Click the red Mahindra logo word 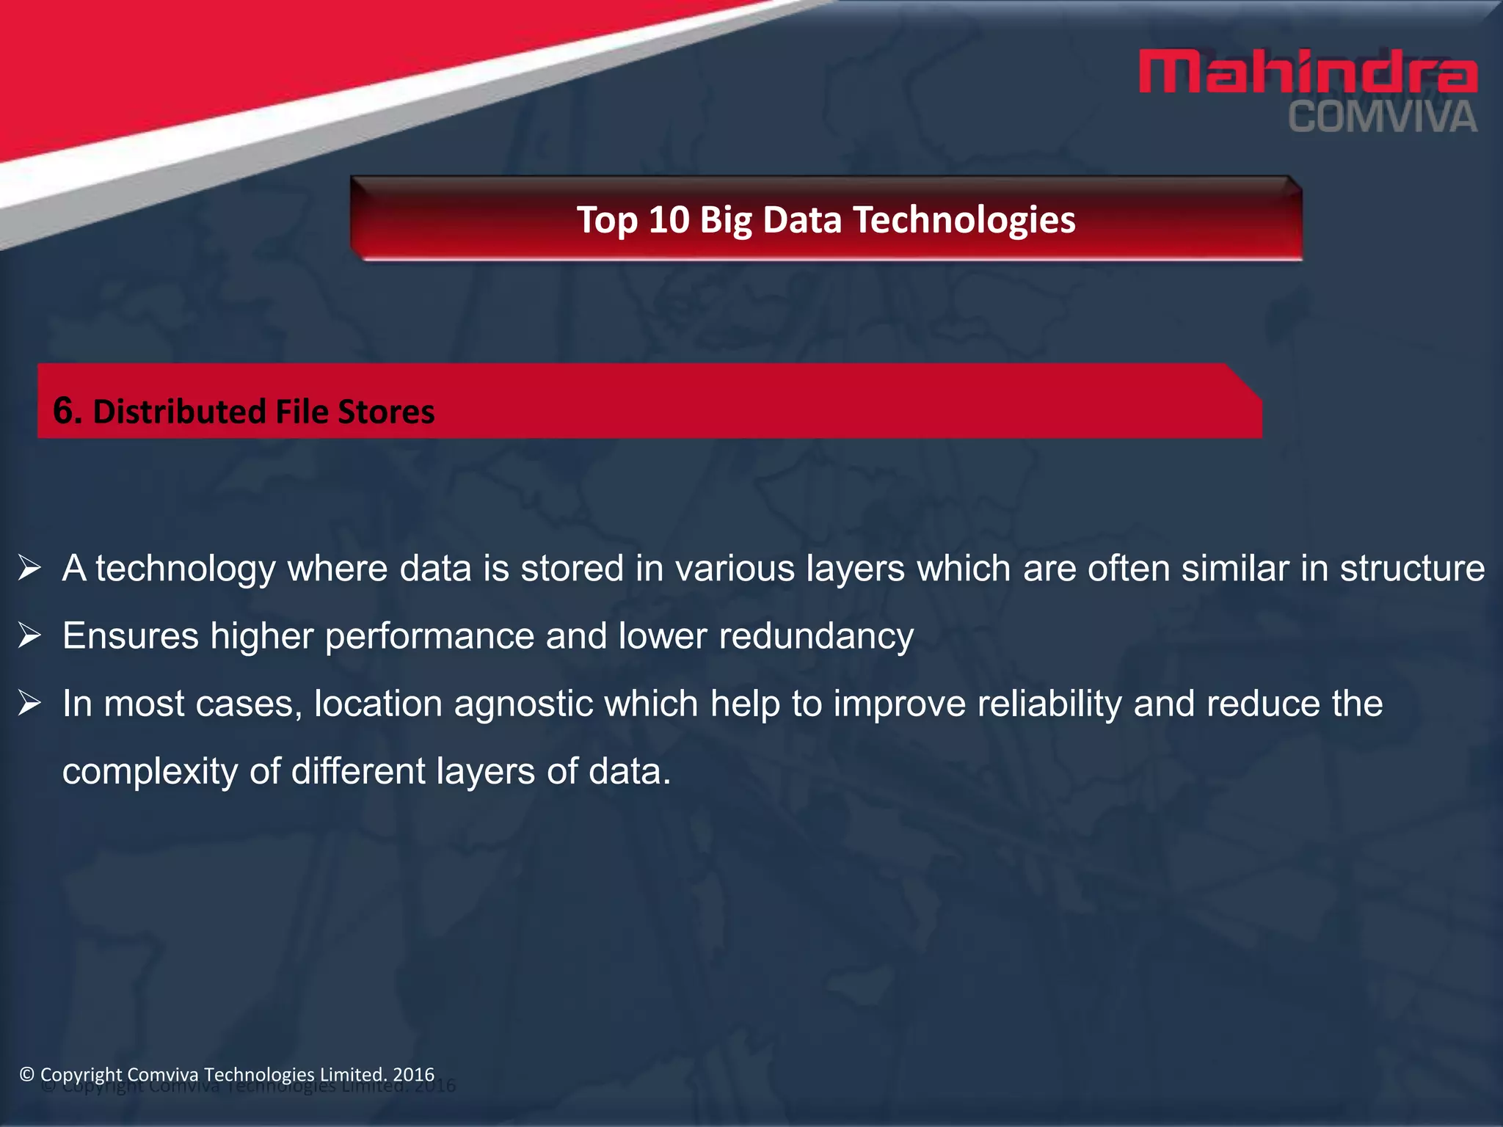(x=1308, y=72)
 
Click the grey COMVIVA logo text (x=1383, y=118)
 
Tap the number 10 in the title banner (x=669, y=219)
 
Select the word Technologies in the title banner (x=964, y=219)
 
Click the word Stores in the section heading (x=386, y=412)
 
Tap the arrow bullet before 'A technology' (x=29, y=568)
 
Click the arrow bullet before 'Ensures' (x=29, y=635)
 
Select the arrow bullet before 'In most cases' (x=29, y=703)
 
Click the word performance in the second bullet (x=429, y=636)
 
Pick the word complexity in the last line (x=150, y=772)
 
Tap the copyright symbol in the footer (x=27, y=1075)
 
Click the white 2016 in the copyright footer (x=414, y=1074)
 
